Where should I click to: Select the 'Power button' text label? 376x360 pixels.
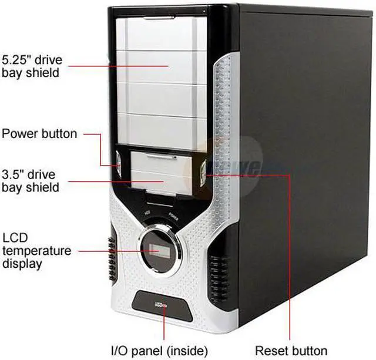click(39, 134)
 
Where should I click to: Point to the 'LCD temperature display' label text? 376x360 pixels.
click(36, 251)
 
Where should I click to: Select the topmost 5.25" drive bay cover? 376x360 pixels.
click(161, 34)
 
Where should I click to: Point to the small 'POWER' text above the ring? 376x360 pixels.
click(174, 216)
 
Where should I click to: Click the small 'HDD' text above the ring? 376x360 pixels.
click(149, 213)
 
